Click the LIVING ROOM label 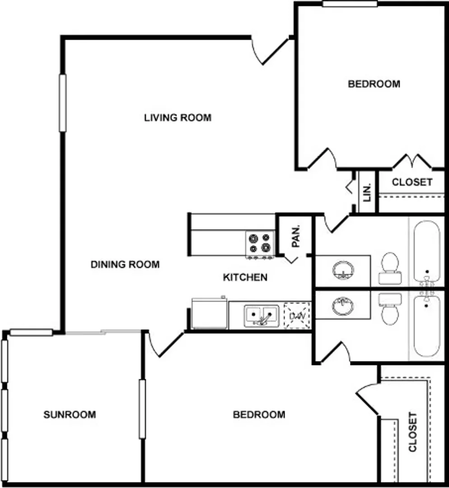(178, 117)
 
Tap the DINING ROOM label (125, 264)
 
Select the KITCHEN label (245, 277)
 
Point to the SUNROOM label (70, 414)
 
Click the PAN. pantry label (296, 236)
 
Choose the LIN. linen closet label (367, 193)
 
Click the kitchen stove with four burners (260, 244)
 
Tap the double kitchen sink (262, 316)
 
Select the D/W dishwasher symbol (298, 315)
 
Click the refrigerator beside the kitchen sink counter (210, 313)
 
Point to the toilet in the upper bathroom (390, 268)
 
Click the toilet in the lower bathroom (390, 309)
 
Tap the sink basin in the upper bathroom (343, 271)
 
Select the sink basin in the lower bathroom (343, 306)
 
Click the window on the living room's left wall (62, 103)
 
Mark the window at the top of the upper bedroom (350, 4)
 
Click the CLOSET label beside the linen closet (412, 182)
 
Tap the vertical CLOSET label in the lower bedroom (412, 432)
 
